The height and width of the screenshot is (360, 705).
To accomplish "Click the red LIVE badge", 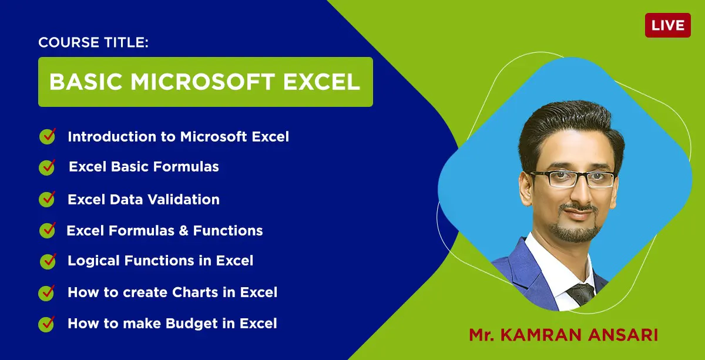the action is (x=668, y=25).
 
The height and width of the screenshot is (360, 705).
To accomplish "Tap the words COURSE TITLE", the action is (x=93, y=42).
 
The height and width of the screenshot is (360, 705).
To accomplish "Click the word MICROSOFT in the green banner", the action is (x=203, y=82).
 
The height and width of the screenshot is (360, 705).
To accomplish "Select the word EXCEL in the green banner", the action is (x=321, y=82).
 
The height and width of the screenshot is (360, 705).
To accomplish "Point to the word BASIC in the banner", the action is (x=86, y=82).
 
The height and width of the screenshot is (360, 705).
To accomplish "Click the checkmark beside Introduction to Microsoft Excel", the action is (x=48, y=136).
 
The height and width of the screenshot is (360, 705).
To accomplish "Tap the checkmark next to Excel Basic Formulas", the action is (x=47, y=167).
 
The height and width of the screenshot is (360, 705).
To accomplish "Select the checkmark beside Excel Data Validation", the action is (x=47, y=199).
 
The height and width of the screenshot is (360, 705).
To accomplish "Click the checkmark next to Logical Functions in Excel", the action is (x=48, y=261).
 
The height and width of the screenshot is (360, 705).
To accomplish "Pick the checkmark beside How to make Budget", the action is (x=46, y=324).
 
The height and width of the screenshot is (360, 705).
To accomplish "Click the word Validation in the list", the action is (x=183, y=200).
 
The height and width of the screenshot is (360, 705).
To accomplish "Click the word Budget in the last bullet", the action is (x=192, y=324).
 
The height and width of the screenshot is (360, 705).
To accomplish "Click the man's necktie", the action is (x=581, y=294).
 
